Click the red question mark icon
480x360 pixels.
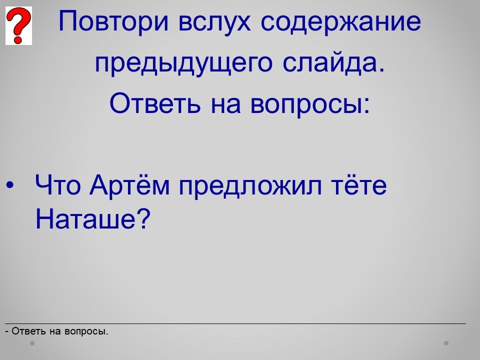tap(18, 25)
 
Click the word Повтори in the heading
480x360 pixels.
tap(113, 21)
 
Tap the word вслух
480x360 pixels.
tap(214, 22)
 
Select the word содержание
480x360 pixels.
tap(340, 22)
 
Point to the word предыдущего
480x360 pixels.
tap(183, 63)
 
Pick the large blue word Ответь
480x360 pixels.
tap(155, 103)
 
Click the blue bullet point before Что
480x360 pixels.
tap(10, 185)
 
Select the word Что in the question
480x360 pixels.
tap(58, 185)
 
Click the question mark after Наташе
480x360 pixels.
tap(143, 218)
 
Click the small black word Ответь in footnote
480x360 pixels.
tap(29, 331)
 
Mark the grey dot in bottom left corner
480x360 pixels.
tap(32, 343)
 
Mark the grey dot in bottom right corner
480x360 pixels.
tap(446, 343)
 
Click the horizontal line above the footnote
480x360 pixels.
tap(235, 323)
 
